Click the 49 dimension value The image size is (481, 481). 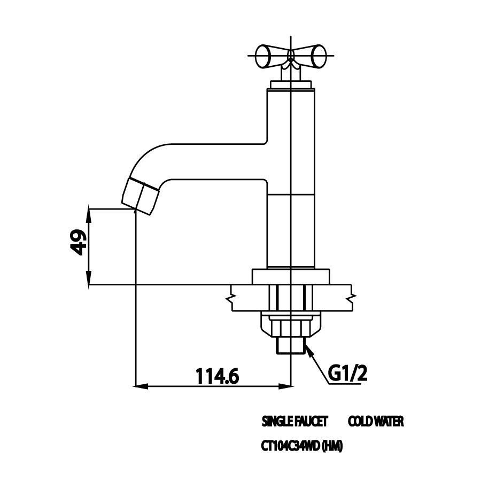77,242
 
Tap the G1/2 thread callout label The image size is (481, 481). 348,374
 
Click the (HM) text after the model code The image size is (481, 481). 332,446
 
